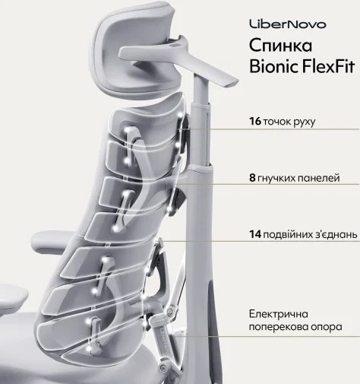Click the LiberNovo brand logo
(x=288, y=24)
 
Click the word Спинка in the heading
(x=280, y=46)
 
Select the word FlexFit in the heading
(x=324, y=66)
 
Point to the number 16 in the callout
(x=255, y=121)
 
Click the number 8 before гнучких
(x=252, y=178)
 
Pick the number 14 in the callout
(x=255, y=234)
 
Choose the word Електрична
(x=279, y=314)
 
